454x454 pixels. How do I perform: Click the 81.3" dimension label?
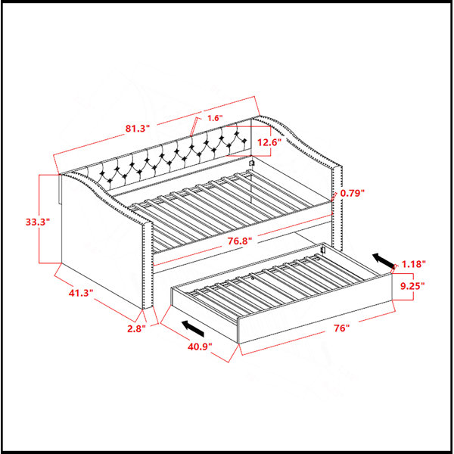pos(138,129)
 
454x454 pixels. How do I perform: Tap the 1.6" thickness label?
pos(215,118)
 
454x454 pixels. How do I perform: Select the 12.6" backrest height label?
pos(269,142)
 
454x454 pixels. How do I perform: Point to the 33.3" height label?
pos(38,222)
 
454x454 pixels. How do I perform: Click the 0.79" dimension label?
pos(352,193)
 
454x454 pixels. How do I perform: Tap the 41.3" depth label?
pos(81,293)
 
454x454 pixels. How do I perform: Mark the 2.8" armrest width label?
pos(136,328)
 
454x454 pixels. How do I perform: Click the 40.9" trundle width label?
pos(200,347)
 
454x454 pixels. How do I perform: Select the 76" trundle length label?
pos(342,328)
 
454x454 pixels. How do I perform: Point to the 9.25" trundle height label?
pos(412,286)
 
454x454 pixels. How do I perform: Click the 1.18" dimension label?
pos(413,264)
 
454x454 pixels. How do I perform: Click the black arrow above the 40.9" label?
pos(193,328)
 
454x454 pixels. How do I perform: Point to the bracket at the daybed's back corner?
pos(251,163)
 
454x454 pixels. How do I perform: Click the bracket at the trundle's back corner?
pos(324,250)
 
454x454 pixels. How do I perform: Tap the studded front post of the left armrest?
pos(148,266)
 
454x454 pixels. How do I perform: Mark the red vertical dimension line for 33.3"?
pos(39,219)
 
